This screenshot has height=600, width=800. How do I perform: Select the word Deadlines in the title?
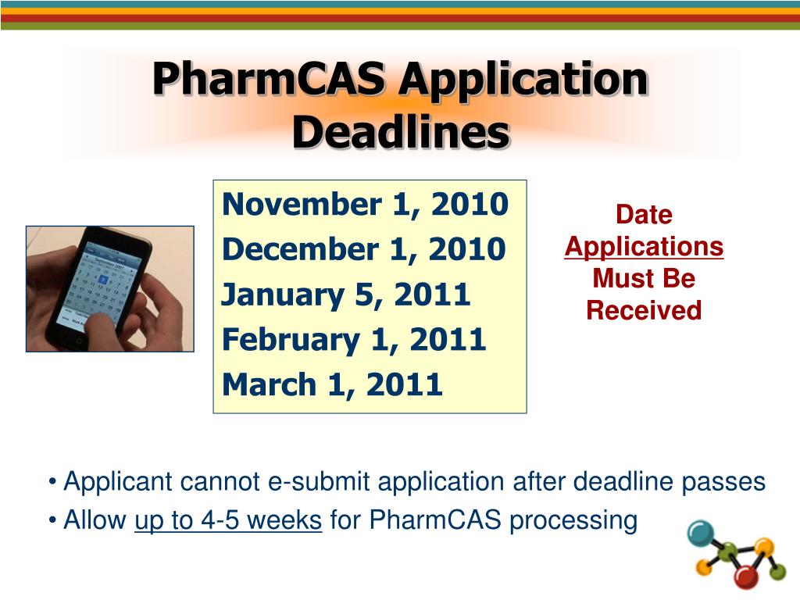pyautogui.click(x=400, y=133)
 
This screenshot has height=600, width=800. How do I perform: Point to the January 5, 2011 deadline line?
pyautogui.click(x=346, y=295)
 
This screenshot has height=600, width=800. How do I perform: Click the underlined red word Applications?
pyautogui.click(x=644, y=247)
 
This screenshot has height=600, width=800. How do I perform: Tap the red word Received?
pyautogui.click(x=644, y=311)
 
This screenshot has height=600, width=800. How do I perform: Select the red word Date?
pyautogui.click(x=644, y=215)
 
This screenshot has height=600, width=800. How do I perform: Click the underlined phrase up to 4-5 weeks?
pyautogui.click(x=228, y=520)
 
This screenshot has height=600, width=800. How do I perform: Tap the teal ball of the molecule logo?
pyautogui.click(x=701, y=533)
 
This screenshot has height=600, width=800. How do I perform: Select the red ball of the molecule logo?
pyautogui.click(x=747, y=577)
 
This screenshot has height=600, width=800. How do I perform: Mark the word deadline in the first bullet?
pyautogui.click(x=624, y=482)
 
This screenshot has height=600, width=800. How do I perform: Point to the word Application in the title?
pyautogui.click(x=522, y=80)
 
